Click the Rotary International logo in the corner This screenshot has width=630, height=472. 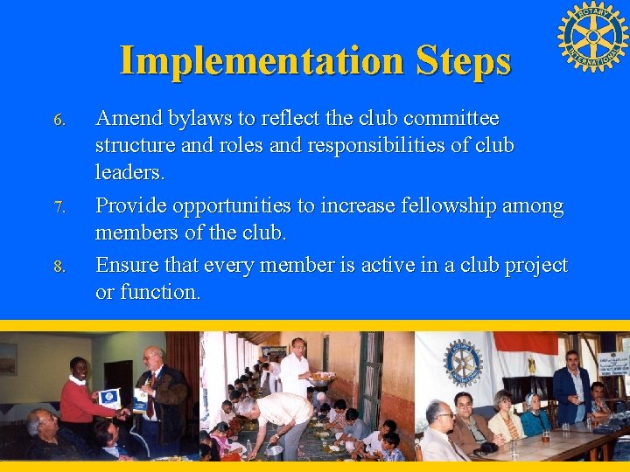tap(592, 37)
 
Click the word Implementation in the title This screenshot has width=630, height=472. tap(261, 60)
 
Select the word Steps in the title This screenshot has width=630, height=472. tap(464, 60)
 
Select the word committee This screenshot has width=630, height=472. tap(452, 118)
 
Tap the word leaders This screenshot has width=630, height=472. tap(129, 172)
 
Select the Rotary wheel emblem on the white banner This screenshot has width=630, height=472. tap(463, 361)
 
